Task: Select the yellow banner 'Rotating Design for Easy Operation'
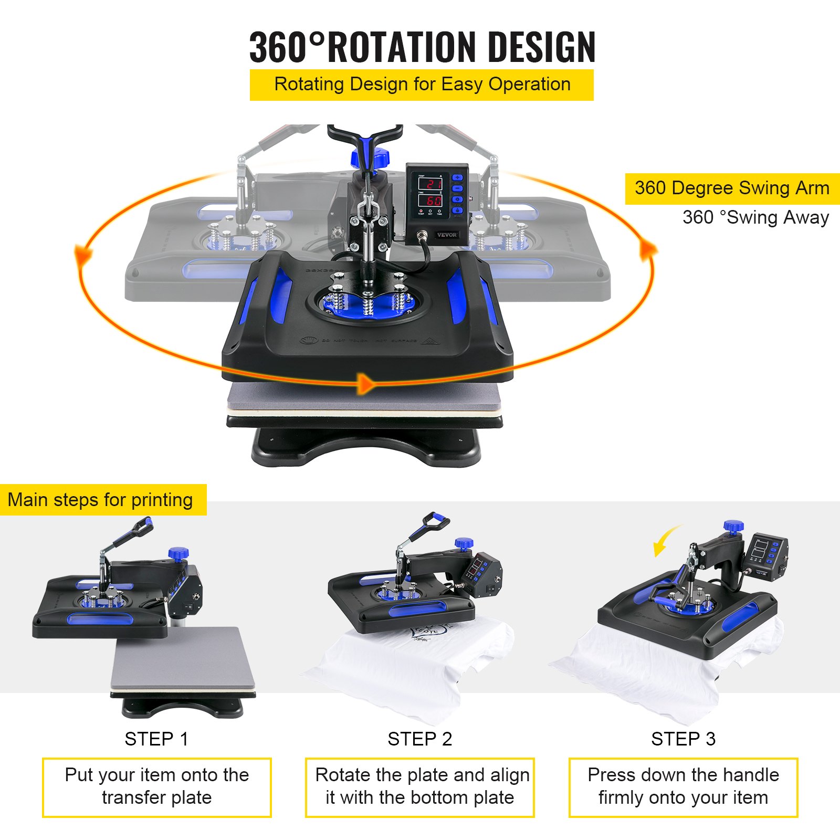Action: click(422, 85)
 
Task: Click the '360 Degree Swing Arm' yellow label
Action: click(732, 188)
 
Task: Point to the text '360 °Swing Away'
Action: click(755, 217)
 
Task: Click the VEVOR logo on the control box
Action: click(446, 235)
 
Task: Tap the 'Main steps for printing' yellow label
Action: click(101, 500)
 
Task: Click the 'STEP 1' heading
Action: click(156, 739)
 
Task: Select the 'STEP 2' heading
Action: click(419, 739)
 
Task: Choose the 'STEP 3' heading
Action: click(683, 739)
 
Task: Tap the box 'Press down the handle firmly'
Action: click(683, 787)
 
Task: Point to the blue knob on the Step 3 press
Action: click(733, 526)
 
